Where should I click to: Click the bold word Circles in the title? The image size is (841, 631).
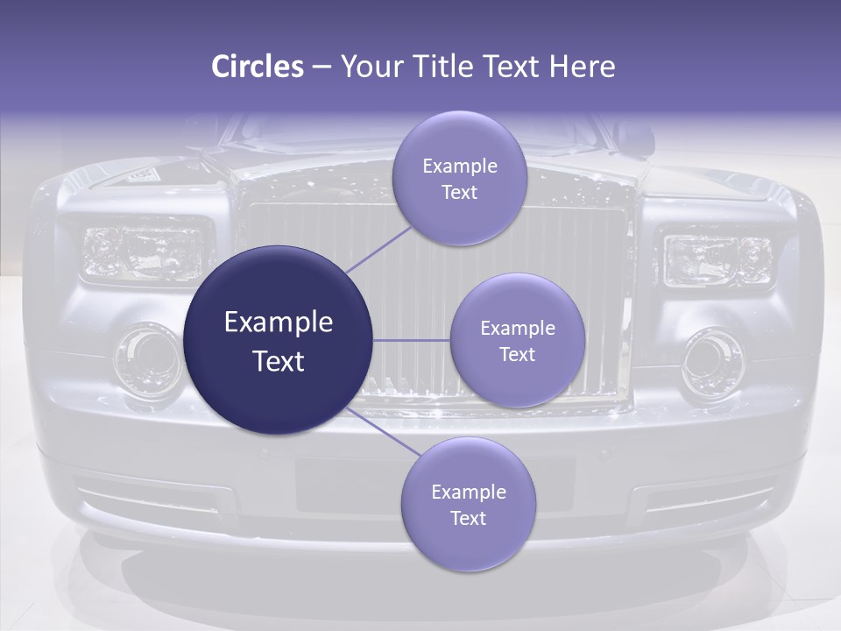pyautogui.click(x=257, y=67)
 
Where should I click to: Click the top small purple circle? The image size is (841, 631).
pyautogui.click(x=459, y=178)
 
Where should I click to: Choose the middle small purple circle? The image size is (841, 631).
pyautogui.click(x=517, y=340)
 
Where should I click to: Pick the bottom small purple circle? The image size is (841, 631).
pyautogui.click(x=468, y=504)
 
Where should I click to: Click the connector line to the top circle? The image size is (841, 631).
pyautogui.click(x=378, y=249)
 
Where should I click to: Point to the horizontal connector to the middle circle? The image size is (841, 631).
pyautogui.click(x=412, y=340)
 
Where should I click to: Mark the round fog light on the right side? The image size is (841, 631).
pyautogui.click(x=713, y=361)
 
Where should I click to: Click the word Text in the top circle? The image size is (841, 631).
pyautogui.click(x=459, y=193)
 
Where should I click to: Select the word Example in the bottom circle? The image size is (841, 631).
pyautogui.click(x=468, y=492)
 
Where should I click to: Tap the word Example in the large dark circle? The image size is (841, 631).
pyautogui.click(x=279, y=323)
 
